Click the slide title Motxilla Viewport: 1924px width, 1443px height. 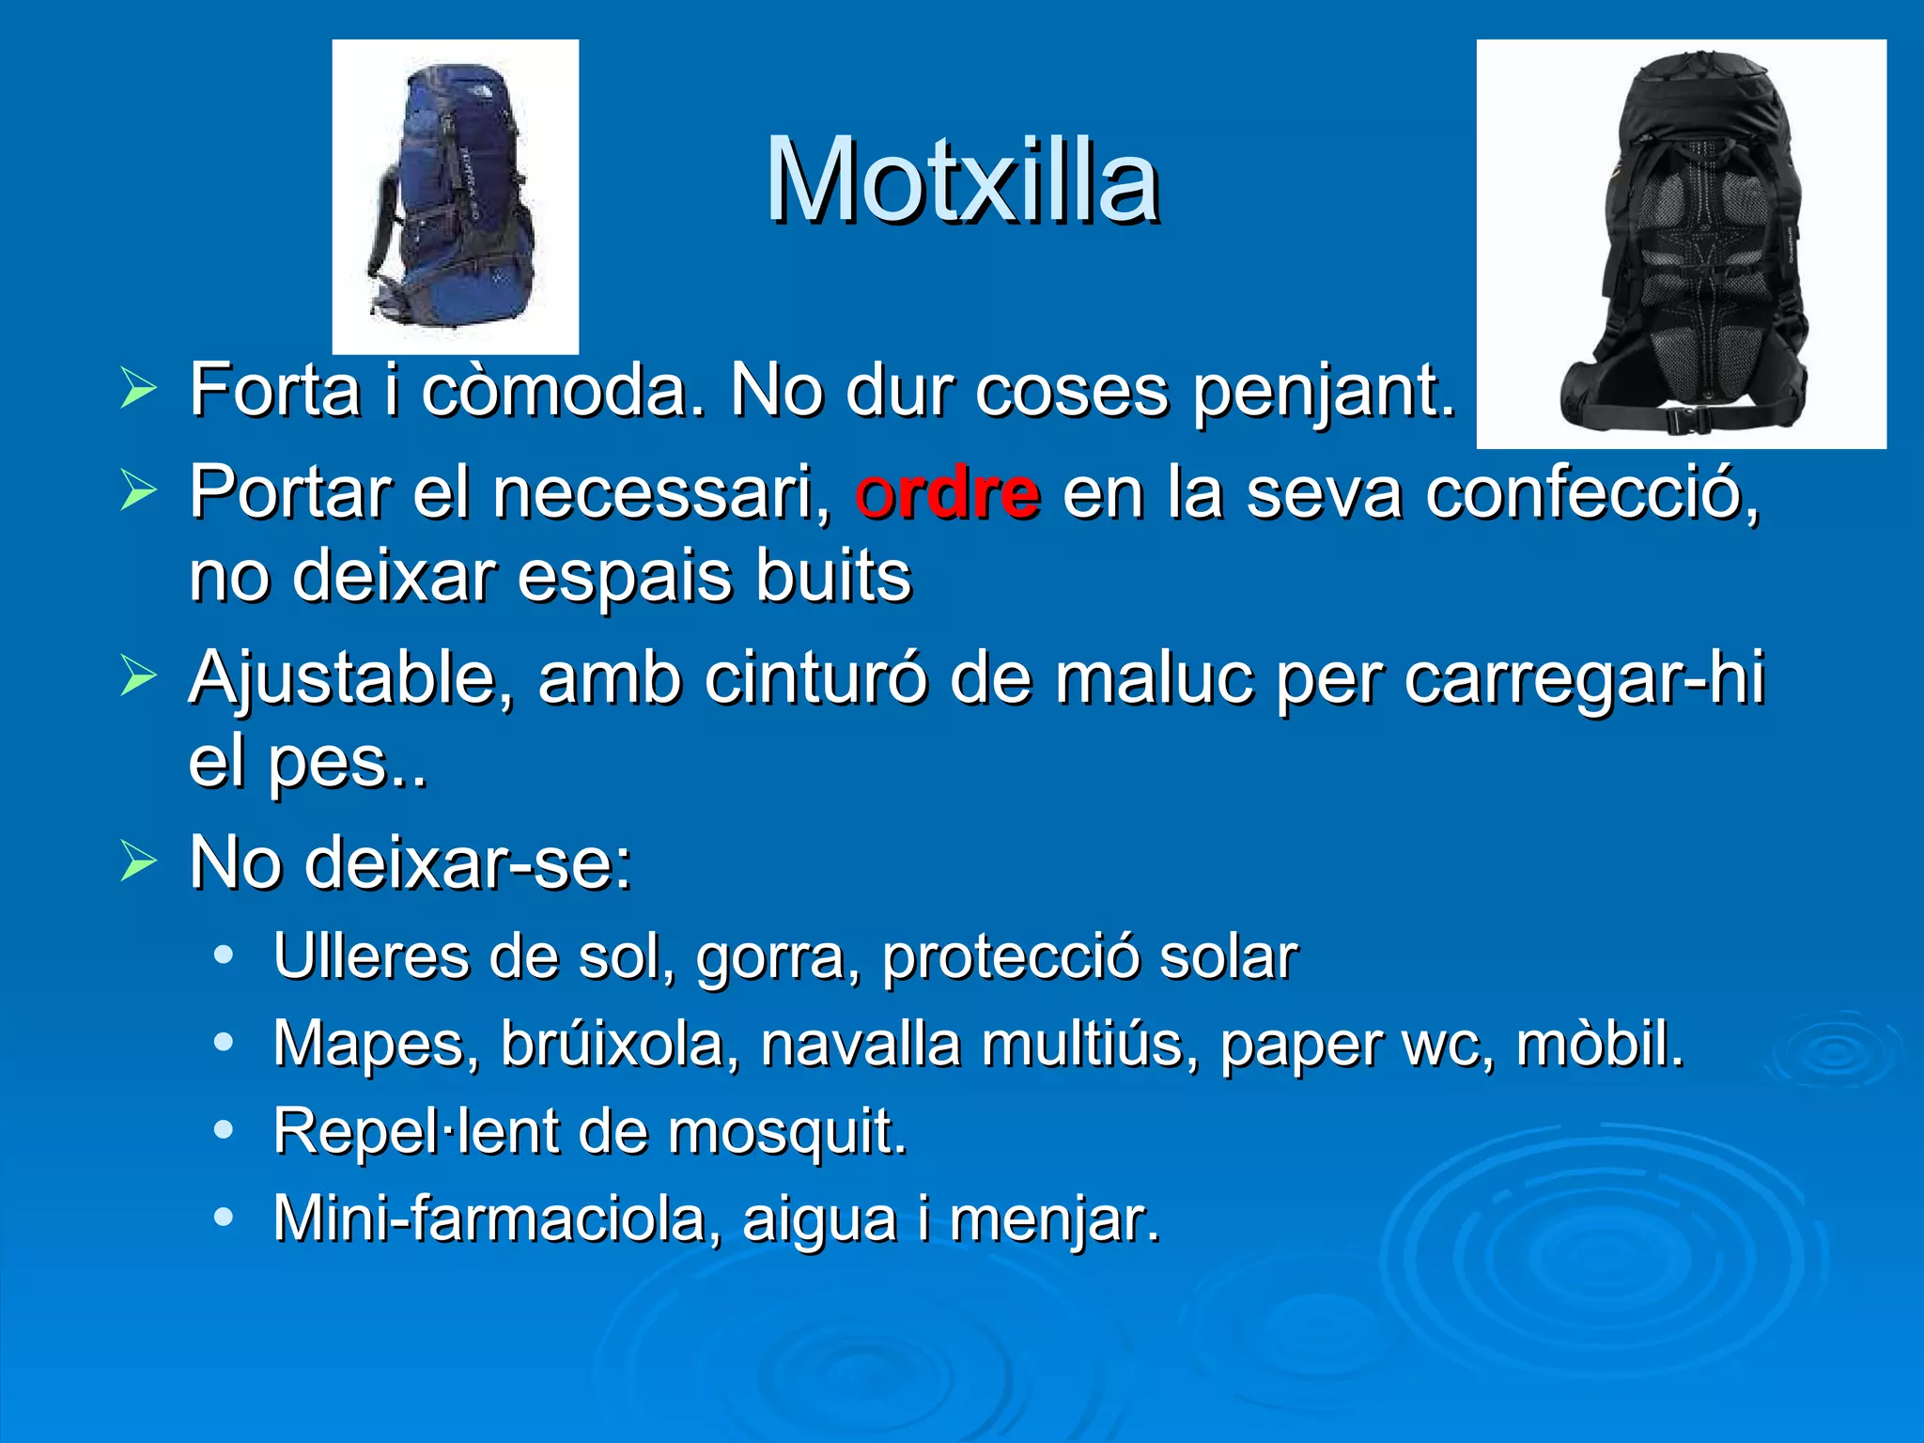[962, 180]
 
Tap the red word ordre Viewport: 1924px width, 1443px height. [947, 493]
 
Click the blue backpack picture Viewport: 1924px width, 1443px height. [456, 197]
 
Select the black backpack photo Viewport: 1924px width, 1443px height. [1681, 244]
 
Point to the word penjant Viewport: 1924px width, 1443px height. [1325, 393]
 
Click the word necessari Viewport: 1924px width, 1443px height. [661, 493]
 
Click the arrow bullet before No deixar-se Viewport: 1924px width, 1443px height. [138, 862]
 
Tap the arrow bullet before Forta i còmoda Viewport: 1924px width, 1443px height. [138, 390]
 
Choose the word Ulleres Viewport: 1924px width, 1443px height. [371, 957]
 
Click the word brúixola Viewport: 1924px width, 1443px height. [613, 1044]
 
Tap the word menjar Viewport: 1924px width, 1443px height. [1054, 1220]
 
